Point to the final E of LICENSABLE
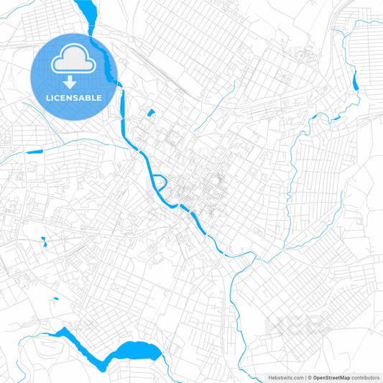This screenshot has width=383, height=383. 99,97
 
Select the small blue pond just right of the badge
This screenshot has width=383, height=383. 151,112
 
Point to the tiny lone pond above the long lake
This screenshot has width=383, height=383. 42,241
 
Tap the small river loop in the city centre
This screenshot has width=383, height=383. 160,183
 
